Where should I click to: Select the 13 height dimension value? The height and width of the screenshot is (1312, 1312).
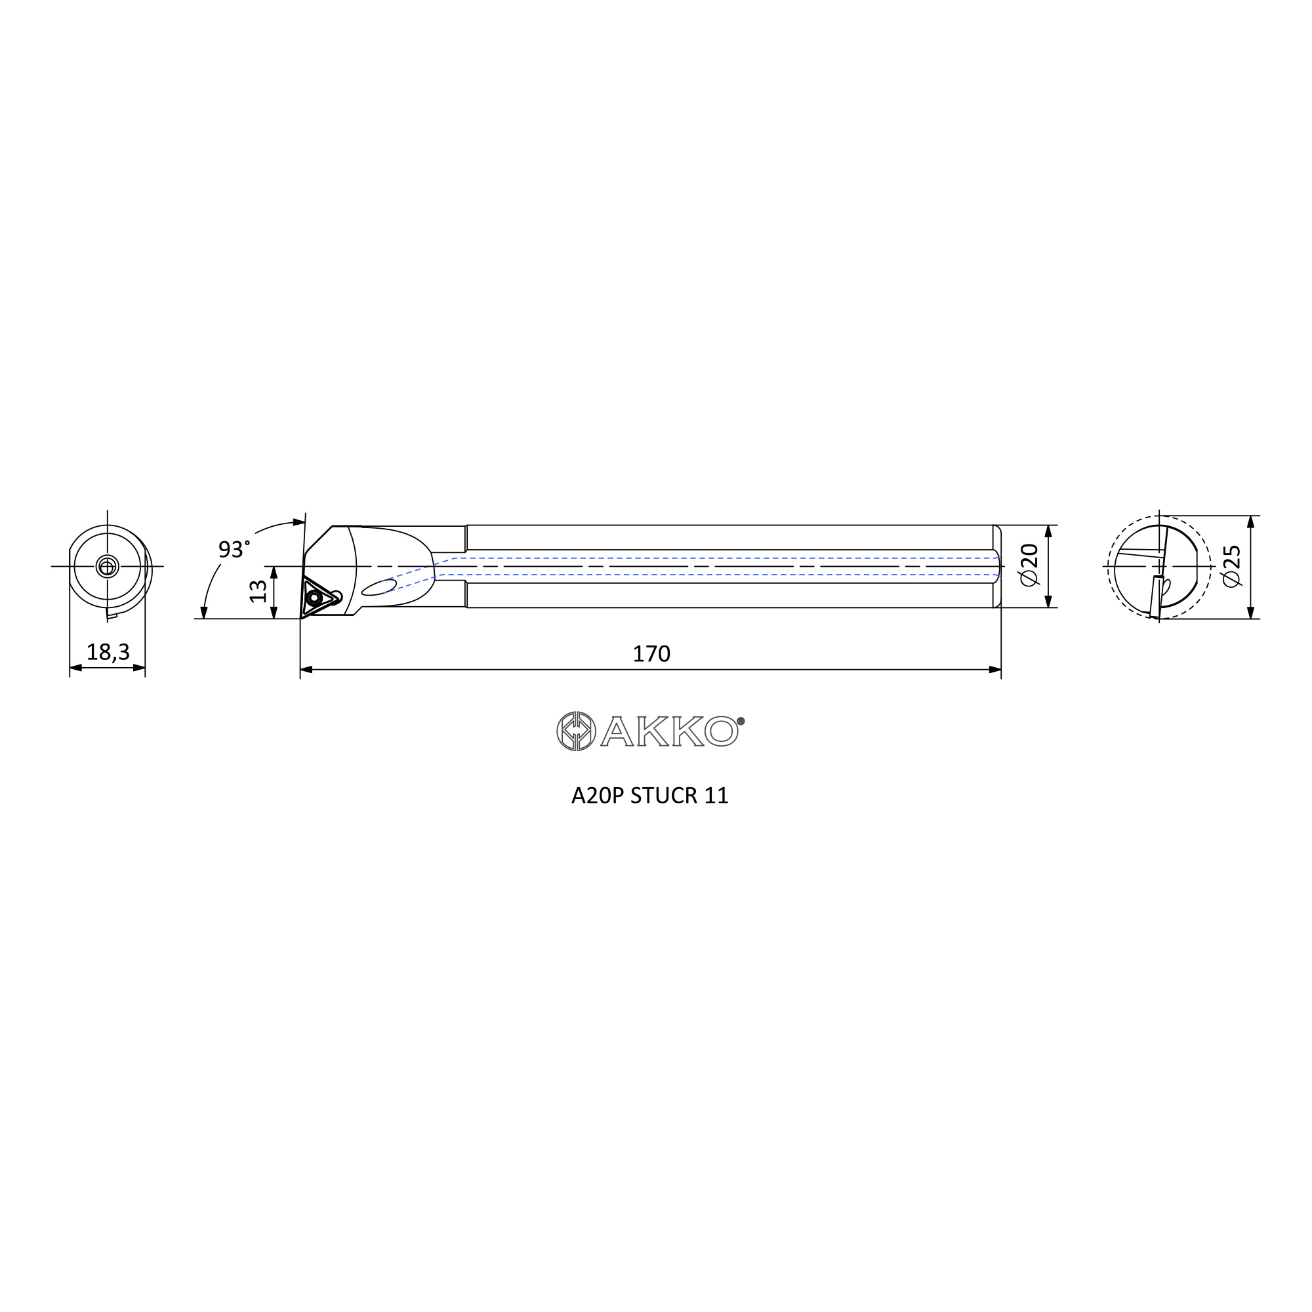[x=258, y=591]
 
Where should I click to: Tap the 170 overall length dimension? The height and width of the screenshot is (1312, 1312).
[x=651, y=654]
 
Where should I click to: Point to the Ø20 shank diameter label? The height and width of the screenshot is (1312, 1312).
[x=1029, y=565]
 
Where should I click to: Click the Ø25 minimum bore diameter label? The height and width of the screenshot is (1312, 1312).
[x=1231, y=565]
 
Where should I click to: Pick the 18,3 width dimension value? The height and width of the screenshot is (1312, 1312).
[x=108, y=652]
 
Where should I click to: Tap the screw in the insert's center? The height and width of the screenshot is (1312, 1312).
[x=314, y=598]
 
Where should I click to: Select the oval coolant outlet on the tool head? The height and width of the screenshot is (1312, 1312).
[x=379, y=587]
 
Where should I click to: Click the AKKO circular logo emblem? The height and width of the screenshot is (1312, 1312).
[x=576, y=731]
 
